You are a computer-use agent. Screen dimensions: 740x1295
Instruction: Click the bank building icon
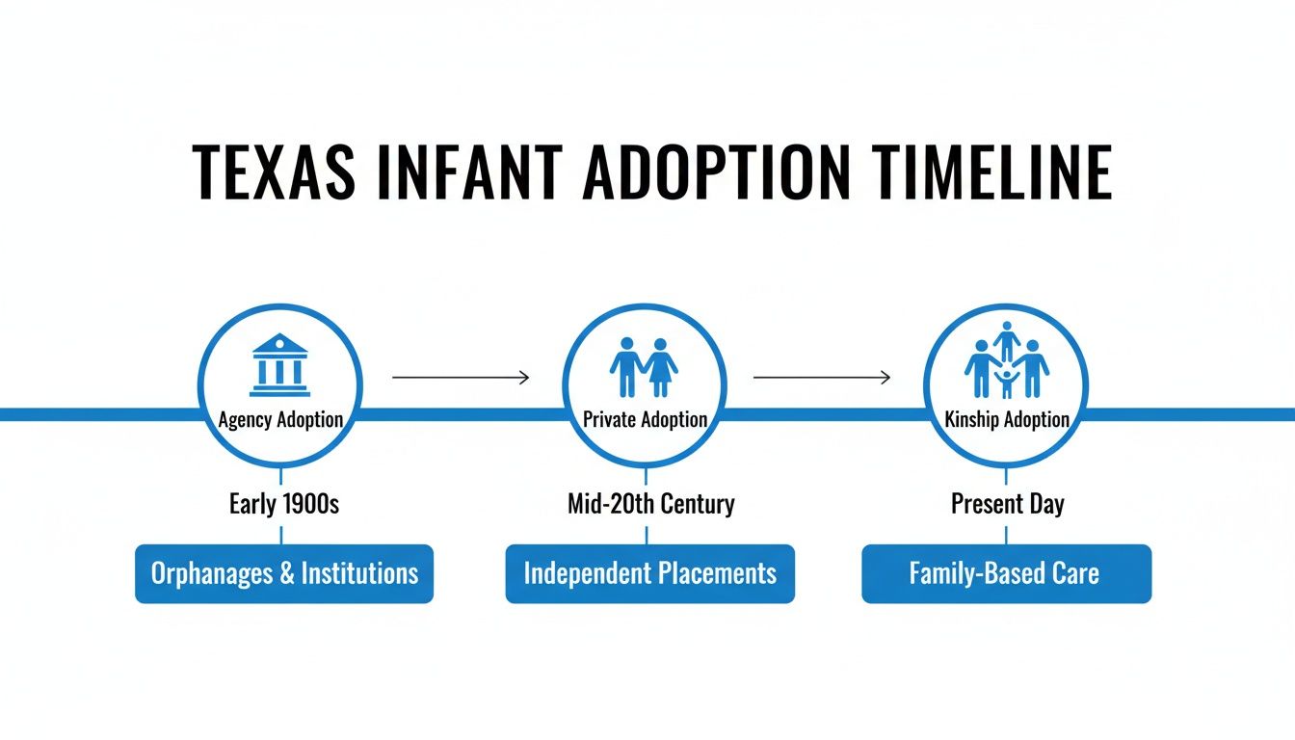279,365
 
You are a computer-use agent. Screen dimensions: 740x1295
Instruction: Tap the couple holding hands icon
644,367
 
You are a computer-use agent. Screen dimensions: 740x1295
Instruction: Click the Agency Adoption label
280,420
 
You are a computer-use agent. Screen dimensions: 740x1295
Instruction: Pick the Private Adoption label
645,420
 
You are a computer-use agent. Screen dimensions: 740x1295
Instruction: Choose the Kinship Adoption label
1007,420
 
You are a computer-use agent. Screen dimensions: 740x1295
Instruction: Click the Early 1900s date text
284,504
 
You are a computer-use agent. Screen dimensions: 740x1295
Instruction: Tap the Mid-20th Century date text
650,504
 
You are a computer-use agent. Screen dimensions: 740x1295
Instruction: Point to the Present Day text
1007,504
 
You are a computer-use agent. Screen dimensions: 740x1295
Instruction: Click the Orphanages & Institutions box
284,574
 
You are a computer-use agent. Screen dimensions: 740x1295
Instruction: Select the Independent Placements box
649,574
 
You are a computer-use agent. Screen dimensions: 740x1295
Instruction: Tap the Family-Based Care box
1006,574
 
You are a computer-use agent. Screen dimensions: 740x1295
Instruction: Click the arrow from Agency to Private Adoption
461,378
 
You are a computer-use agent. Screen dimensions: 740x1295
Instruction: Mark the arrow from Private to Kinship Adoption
821,378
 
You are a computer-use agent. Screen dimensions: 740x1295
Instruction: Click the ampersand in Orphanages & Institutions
286,574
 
